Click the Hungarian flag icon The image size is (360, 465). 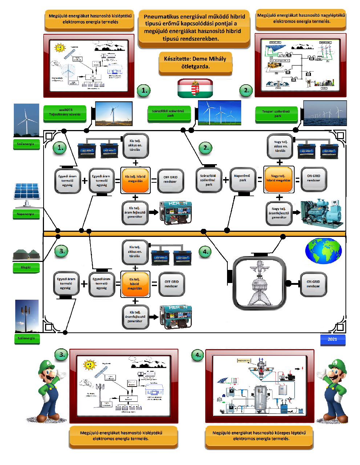pyautogui.click(x=195, y=88)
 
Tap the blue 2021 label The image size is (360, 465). pyautogui.click(x=332, y=339)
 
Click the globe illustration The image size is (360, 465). pyautogui.click(x=323, y=251)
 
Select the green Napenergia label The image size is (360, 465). pyautogui.click(x=25, y=214)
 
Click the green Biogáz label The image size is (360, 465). pyautogui.click(x=26, y=267)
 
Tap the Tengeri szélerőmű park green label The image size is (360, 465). pyautogui.click(x=278, y=114)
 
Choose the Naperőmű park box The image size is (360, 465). pyautogui.click(x=242, y=178)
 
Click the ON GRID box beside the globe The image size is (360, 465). pyautogui.click(x=313, y=284)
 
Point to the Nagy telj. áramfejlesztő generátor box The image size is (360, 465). pyautogui.click(x=279, y=213)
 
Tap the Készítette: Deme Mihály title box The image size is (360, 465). pyautogui.click(x=195, y=62)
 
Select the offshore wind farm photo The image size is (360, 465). pyautogui.click(x=325, y=113)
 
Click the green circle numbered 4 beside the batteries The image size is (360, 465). pyautogui.click(x=205, y=251)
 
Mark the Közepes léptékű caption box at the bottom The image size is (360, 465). pyautogui.click(x=259, y=436)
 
